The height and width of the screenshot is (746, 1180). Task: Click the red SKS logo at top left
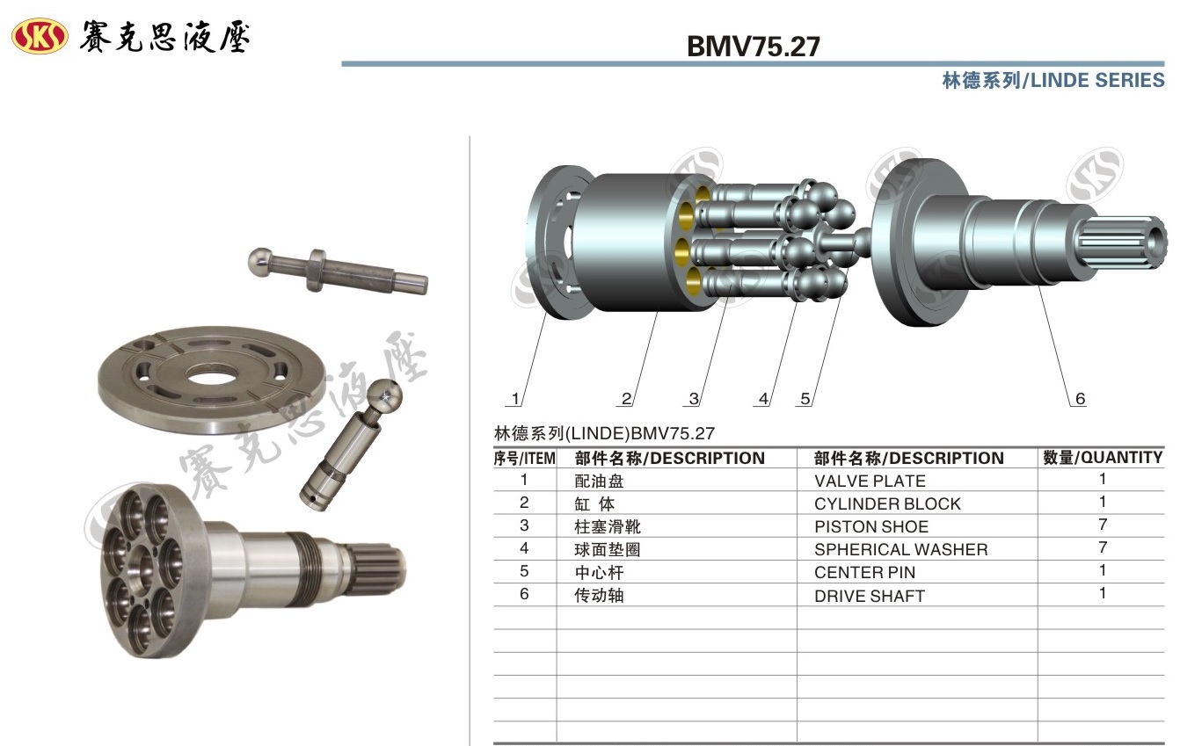pos(40,36)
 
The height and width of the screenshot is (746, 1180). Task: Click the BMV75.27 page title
pos(754,47)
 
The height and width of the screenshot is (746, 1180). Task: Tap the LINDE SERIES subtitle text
pos(1097,81)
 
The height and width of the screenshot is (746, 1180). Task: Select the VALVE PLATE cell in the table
pos(870,481)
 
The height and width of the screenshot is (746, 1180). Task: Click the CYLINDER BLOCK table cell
pos(887,503)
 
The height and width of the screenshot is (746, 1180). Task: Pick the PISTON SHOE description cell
pos(871,526)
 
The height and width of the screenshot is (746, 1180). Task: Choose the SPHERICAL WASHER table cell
pos(900,550)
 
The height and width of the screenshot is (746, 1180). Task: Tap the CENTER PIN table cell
pos(864,572)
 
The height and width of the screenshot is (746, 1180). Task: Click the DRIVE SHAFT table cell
pos(870,596)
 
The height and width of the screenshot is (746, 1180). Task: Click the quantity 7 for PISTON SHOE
pos(1103,525)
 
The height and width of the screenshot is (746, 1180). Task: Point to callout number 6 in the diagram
pos(1080,399)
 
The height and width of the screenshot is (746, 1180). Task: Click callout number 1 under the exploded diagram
pos(516,399)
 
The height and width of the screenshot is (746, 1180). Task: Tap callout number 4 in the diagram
pos(763,399)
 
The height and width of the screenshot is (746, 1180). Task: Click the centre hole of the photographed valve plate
pos(212,376)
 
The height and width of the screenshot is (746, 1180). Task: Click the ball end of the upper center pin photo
pos(260,261)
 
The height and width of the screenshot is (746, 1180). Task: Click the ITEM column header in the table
pos(524,458)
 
